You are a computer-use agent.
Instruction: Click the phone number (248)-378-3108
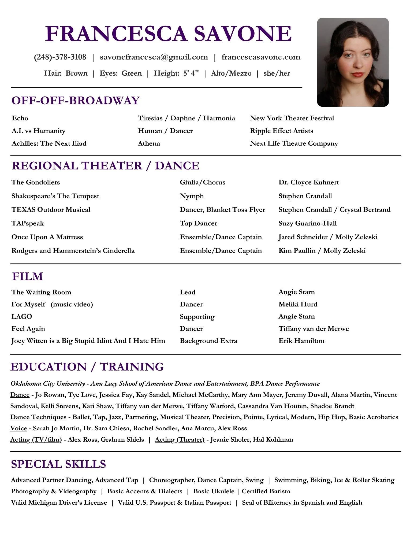coord(60,57)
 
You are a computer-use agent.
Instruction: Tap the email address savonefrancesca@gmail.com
coord(154,57)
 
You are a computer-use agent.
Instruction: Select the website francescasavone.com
coord(261,57)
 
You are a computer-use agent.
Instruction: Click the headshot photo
coord(353,62)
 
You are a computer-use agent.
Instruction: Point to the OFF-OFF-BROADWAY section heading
coord(76,101)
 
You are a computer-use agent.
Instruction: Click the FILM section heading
coord(28,276)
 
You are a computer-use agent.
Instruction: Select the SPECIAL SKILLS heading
coord(58,464)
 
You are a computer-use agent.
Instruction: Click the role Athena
coord(149,143)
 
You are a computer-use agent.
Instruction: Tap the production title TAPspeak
coord(28,223)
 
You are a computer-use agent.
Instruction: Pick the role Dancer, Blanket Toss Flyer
coord(222,210)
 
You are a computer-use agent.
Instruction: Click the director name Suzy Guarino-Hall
coord(307,223)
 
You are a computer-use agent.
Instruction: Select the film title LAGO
coord(22,316)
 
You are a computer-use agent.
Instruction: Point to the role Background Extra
coord(208,341)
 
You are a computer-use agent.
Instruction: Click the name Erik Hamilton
coord(301,341)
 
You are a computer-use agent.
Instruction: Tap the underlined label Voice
coord(18,428)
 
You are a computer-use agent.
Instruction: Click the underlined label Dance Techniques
coord(38,417)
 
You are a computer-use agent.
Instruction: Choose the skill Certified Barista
coord(266,491)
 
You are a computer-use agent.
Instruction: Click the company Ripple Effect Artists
coord(281,131)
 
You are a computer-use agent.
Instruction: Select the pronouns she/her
coord(277,73)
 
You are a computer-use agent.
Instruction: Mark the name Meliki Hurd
coord(298,304)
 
